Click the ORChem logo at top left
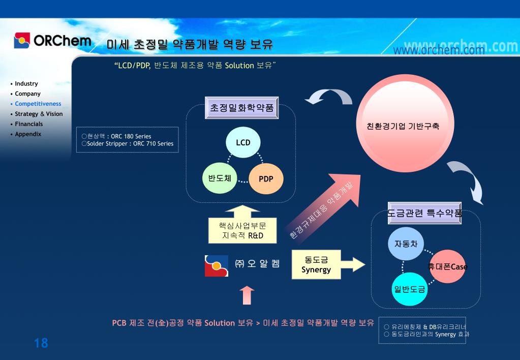tap(53, 41)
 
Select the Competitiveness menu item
tap(38, 104)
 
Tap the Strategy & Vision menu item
tap(39, 114)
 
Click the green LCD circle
tap(243, 142)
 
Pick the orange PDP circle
tap(266, 178)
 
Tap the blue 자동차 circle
tap(406, 244)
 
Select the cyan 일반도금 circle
tap(409, 289)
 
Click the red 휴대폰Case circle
tap(447, 267)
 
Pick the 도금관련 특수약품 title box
tap(424, 214)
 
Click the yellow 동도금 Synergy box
tap(316, 265)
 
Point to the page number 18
tap(41, 343)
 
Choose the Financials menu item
tap(29, 124)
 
